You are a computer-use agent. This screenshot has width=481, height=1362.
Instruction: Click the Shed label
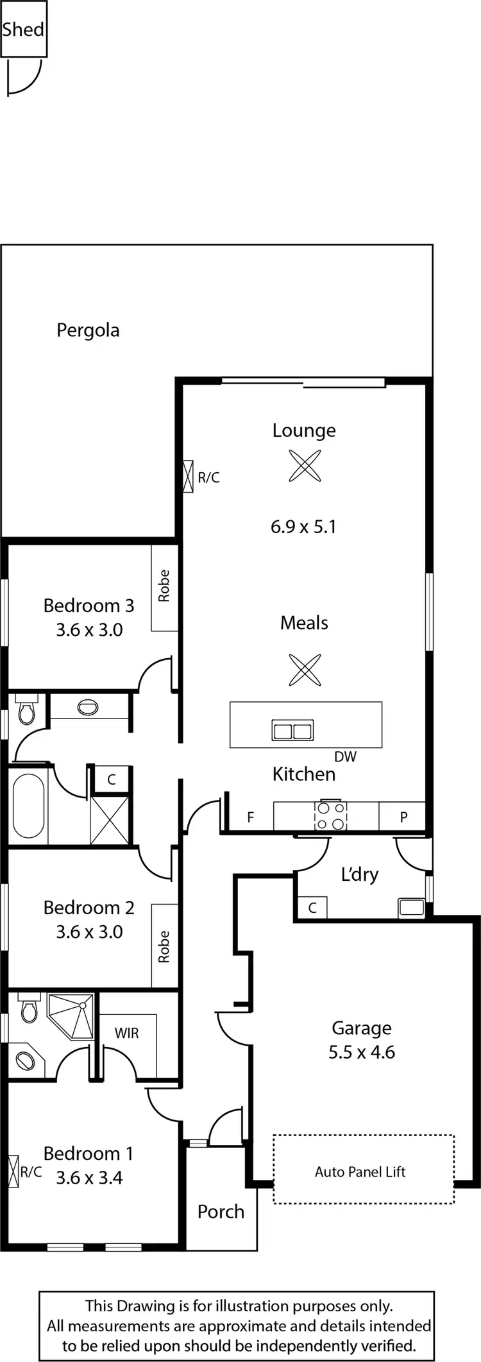[23, 30]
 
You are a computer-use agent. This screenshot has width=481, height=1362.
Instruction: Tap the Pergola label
[88, 330]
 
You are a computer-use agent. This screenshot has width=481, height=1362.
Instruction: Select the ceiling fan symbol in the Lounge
[304, 466]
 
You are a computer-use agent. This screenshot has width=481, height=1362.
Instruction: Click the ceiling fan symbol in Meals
[304, 670]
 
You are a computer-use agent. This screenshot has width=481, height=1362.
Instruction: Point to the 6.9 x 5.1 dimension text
[303, 527]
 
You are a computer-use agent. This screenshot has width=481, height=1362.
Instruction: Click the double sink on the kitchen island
[292, 731]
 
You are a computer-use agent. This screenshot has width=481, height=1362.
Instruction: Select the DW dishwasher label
[345, 757]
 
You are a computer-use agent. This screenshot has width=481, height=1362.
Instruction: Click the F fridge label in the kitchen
[251, 817]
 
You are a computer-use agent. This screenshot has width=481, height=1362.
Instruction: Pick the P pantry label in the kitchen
[403, 817]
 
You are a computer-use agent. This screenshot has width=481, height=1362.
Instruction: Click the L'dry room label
[359, 874]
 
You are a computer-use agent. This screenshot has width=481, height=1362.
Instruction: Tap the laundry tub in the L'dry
[410, 908]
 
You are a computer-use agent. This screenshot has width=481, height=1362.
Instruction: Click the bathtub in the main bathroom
[29, 806]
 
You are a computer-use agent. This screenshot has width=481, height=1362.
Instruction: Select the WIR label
[126, 1034]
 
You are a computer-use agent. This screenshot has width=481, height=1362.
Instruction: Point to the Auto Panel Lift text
[360, 1172]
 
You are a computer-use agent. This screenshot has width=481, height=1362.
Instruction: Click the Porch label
[221, 1212]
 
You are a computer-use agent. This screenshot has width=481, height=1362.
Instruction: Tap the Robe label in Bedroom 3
[164, 586]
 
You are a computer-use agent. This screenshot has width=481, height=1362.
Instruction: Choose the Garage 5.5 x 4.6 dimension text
[362, 1052]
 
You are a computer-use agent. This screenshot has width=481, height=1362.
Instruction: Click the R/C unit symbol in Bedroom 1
[13, 1172]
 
